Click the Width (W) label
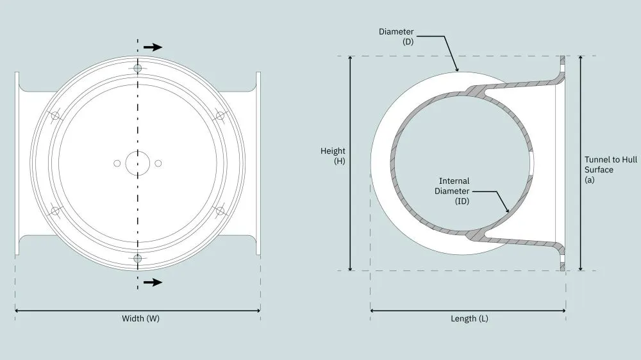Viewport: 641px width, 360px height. point(140,318)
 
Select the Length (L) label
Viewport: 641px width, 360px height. point(469,318)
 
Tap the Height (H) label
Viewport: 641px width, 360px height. point(333,156)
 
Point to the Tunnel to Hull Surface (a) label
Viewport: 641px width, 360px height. point(610,170)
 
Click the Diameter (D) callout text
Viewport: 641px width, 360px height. point(396,37)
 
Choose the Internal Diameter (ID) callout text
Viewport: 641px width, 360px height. point(452,191)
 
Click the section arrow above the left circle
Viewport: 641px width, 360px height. point(153,47)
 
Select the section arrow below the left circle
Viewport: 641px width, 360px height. point(153,282)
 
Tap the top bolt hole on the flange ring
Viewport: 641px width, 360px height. point(138,69)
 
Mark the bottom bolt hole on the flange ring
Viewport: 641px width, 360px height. point(138,258)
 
